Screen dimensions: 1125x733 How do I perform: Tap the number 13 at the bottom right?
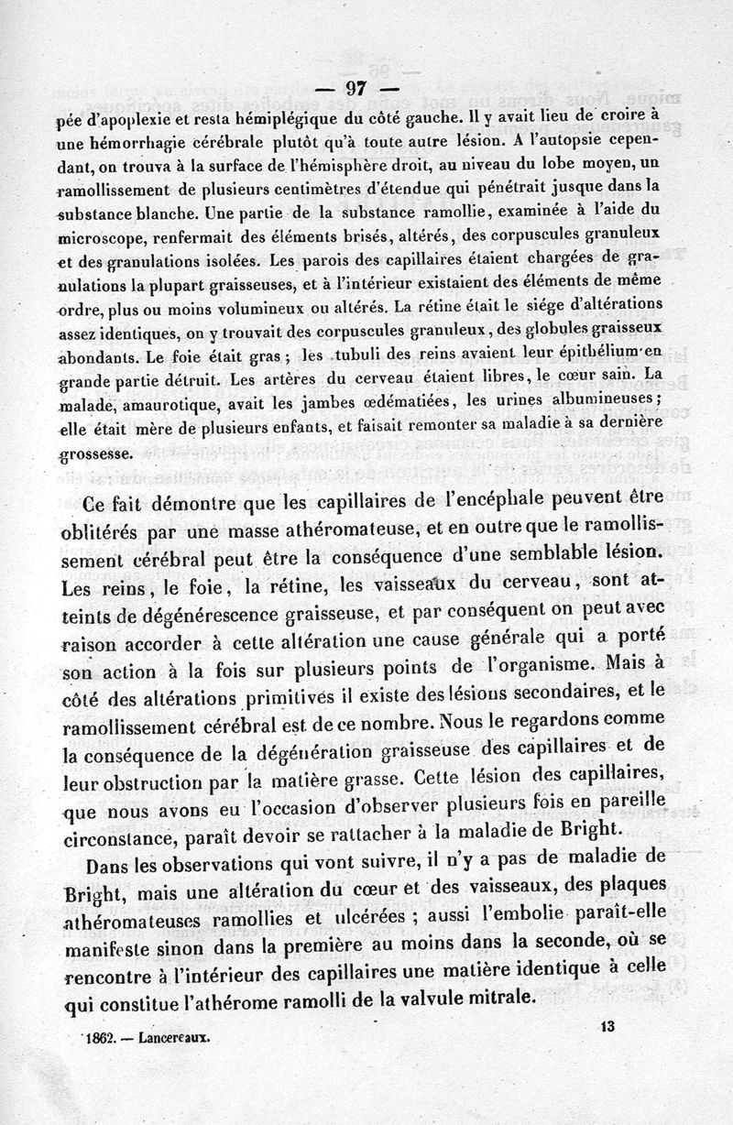tap(606, 1028)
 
